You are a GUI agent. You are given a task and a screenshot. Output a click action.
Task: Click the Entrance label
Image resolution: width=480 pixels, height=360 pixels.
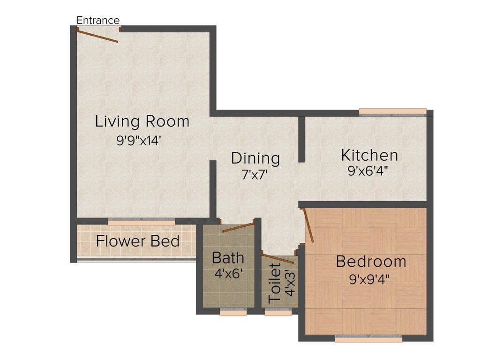pyautogui.click(x=98, y=20)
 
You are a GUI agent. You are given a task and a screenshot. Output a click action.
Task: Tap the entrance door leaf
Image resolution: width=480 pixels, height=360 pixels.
pyautogui.click(x=97, y=36)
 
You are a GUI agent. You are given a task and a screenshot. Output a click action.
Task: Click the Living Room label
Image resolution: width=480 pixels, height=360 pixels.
pyautogui.click(x=142, y=121)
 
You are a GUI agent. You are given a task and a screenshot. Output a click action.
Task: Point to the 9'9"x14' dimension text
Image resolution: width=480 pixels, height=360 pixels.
pyautogui.click(x=139, y=141)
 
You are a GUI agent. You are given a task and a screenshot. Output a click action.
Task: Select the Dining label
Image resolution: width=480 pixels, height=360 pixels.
pyautogui.click(x=255, y=158)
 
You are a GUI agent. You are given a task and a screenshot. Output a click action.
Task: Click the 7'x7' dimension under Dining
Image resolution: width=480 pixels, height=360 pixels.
pyautogui.click(x=255, y=175)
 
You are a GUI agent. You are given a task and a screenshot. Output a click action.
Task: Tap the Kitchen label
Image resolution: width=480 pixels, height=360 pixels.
pyautogui.click(x=369, y=155)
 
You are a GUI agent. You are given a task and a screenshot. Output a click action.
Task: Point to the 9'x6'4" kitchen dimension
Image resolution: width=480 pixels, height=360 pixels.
pyautogui.click(x=368, y=171)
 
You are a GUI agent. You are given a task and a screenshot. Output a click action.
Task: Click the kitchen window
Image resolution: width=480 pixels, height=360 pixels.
pyautogui.click(x=393, y=112)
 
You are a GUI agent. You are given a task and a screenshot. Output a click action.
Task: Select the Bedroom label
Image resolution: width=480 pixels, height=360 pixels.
pyautogui.click(x=371, y=262)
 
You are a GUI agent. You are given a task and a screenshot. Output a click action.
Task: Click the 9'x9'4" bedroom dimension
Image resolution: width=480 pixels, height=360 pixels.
pyautogui.click(x=369, y=279)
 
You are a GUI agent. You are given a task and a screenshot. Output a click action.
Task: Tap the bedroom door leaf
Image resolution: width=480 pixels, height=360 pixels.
pyautogui.click(x=308, y=225)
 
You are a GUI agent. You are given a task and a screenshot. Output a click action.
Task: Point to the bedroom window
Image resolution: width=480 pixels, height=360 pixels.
pyautogui.click(x=368, y=339)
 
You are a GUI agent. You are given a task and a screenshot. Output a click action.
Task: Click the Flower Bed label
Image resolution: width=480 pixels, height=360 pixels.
pyautogui.click(x=138, y=241)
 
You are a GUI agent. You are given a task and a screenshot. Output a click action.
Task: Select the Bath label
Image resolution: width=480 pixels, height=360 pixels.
pyautogui.click(x=228, y=258)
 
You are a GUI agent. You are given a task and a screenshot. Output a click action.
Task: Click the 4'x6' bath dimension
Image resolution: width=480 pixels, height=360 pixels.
pyautogui.click(x=228, y=273)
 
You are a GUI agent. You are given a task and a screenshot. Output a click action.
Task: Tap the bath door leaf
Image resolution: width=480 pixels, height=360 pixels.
pyautogui.click(x=239, y=227)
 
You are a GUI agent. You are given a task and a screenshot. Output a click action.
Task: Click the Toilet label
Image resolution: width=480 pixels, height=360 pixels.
pyautogui.click(x=274, y=283)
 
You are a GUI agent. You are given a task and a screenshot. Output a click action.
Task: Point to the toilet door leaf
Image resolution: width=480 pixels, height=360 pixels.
pyautogui.click(x=278, y=259)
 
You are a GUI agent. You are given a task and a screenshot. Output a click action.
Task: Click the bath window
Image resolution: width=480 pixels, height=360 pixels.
pyautogui.click(x=233, y=312)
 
